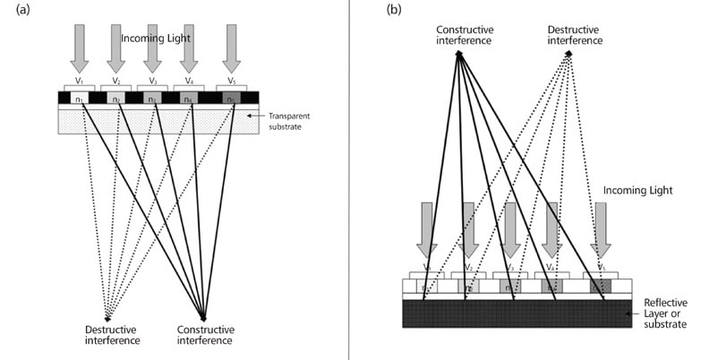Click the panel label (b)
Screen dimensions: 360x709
(x=394, y=11)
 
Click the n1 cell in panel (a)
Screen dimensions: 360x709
(x=81, y=98)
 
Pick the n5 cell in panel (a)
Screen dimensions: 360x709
(x=231, y=98)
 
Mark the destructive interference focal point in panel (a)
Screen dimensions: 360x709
(x=107, y=318)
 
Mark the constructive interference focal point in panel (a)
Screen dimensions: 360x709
(x=204, y=318)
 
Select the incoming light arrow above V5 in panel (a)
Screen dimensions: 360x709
(x=231, y=47)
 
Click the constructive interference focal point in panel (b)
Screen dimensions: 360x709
(x=458, y=53)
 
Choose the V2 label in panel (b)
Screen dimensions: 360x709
(x=466, y=269)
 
